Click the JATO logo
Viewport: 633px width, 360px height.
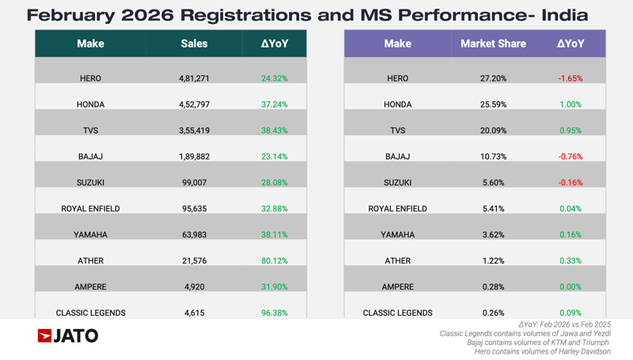[x=68, y=336]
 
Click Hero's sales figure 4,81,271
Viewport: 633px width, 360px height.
[x=194, y=79]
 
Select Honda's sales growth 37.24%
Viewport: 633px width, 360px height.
[x=274, y=104]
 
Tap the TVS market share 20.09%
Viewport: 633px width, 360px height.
[x=493, y=131]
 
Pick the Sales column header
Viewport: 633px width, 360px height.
[x=194, y=44]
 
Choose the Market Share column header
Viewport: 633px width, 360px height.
[x=493, y=44]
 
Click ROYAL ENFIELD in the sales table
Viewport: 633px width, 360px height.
[x=90, y=209]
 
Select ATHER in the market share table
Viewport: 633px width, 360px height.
[x=398, y=260]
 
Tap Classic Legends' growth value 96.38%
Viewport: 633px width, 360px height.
[x=274, y=313]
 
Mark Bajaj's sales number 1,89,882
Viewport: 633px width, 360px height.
[x=194, y=157]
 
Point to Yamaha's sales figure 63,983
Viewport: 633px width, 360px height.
[x=194, y=235]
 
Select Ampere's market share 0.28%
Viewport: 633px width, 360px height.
[x=493, y=286]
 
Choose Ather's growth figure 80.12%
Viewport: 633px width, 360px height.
[x=274, y=260]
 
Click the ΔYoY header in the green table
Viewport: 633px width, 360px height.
[x=274, y=44]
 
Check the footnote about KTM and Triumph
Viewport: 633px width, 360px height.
[x=538, y=343]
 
